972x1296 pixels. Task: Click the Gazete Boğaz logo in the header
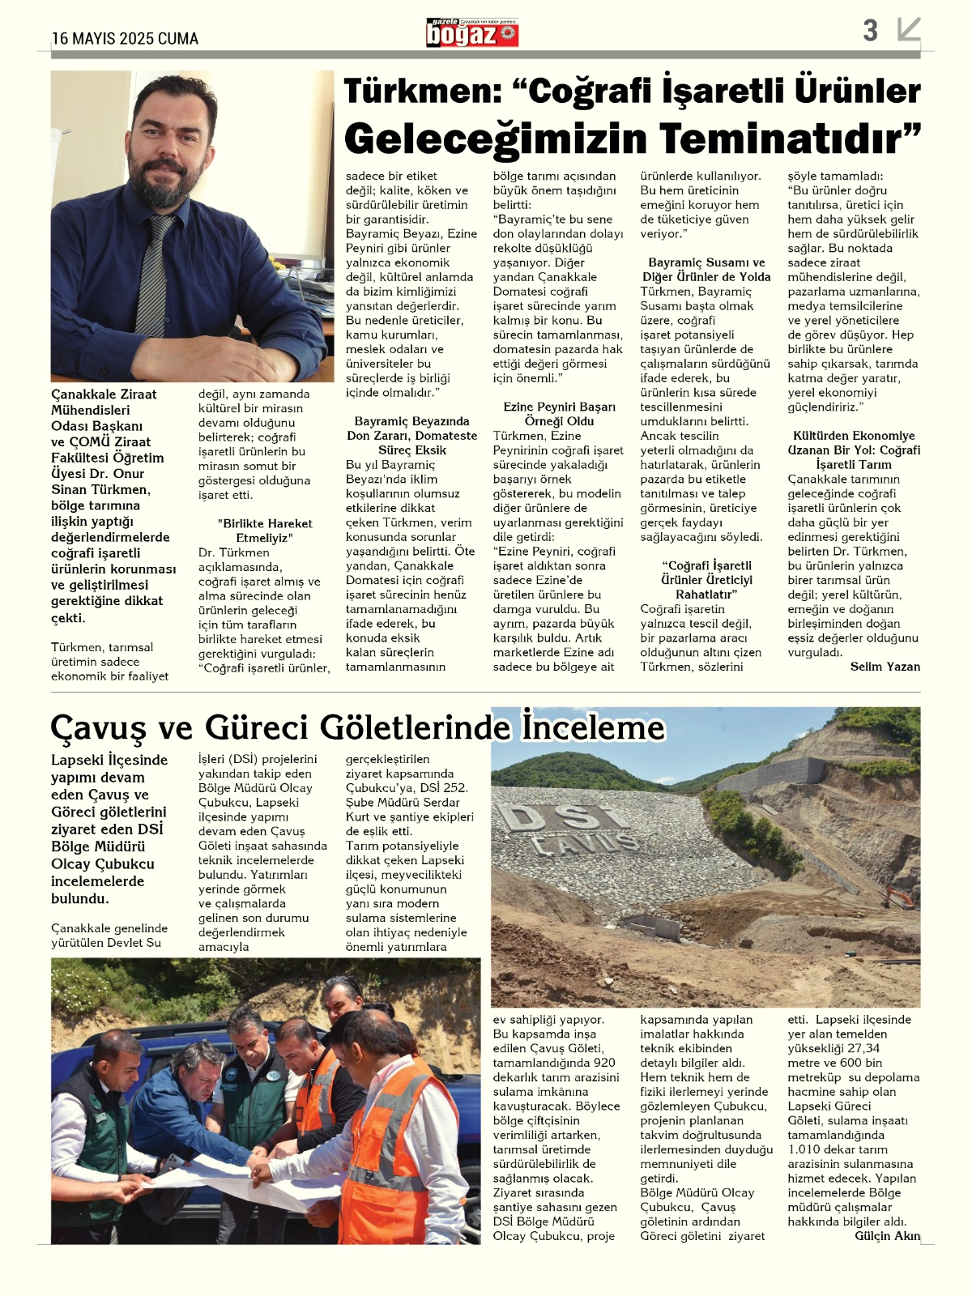pyautogui.click(x=472, y=33)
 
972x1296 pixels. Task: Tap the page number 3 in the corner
pyautogui.click(x=870, y=31)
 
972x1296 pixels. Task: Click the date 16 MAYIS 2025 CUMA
pyautogui.click(x=125, y=38)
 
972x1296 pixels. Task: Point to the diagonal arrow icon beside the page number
pyautogui.click(x=909, y=30)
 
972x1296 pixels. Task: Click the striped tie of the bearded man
pyautogui.click(x=153, y=275)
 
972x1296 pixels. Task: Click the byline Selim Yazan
pyautogui.click(x=885, y=667)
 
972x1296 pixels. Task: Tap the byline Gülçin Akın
pyautogui.click(x=887, y=1235)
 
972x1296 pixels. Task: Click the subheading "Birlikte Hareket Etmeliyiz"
pyautogui.click(x=264, y=531)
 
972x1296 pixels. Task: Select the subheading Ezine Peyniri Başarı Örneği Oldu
pyautogui.click(x=559, y=414)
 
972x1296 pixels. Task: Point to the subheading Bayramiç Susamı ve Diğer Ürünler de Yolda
pyautogui.click(x=706, y=270)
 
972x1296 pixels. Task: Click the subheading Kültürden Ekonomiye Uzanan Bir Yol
pyautogui.click(x=854, y=450)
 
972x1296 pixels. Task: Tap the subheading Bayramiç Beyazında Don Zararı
pyautogui.click(x=411, y=436)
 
